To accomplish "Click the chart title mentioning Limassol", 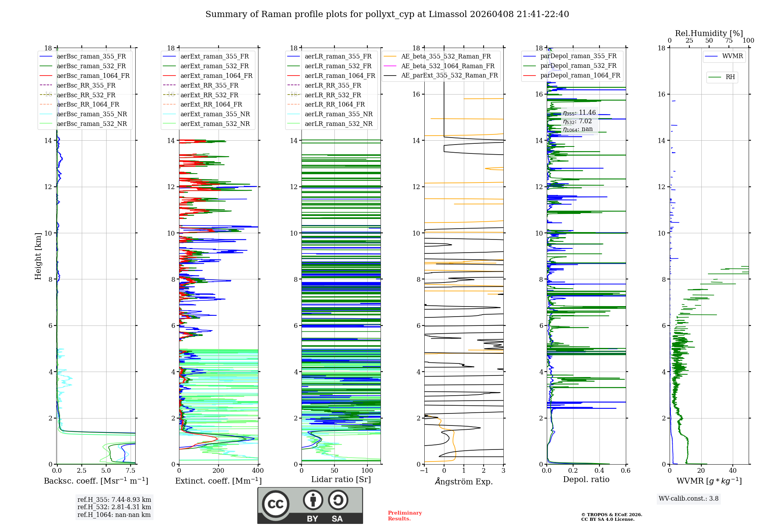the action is (x=387, y=14).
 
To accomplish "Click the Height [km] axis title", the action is (x=38, y=256).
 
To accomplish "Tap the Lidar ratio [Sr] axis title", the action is (x=341, y=479).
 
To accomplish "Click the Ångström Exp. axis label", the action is (x=464, y=481).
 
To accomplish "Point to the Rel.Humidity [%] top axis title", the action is (x=709, y=33).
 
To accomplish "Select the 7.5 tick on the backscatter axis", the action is (x=131, y=471).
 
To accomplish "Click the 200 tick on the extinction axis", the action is (x=219, y=471).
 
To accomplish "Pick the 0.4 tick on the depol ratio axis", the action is (x=599, y=471).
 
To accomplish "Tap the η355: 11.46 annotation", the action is (x=579, y=113).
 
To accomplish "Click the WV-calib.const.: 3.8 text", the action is (x=689, y=499).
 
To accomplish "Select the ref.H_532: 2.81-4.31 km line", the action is (x=114, y=507).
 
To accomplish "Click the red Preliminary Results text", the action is (x=405, y=516).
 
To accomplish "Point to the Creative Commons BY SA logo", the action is (x=310, y=506).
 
